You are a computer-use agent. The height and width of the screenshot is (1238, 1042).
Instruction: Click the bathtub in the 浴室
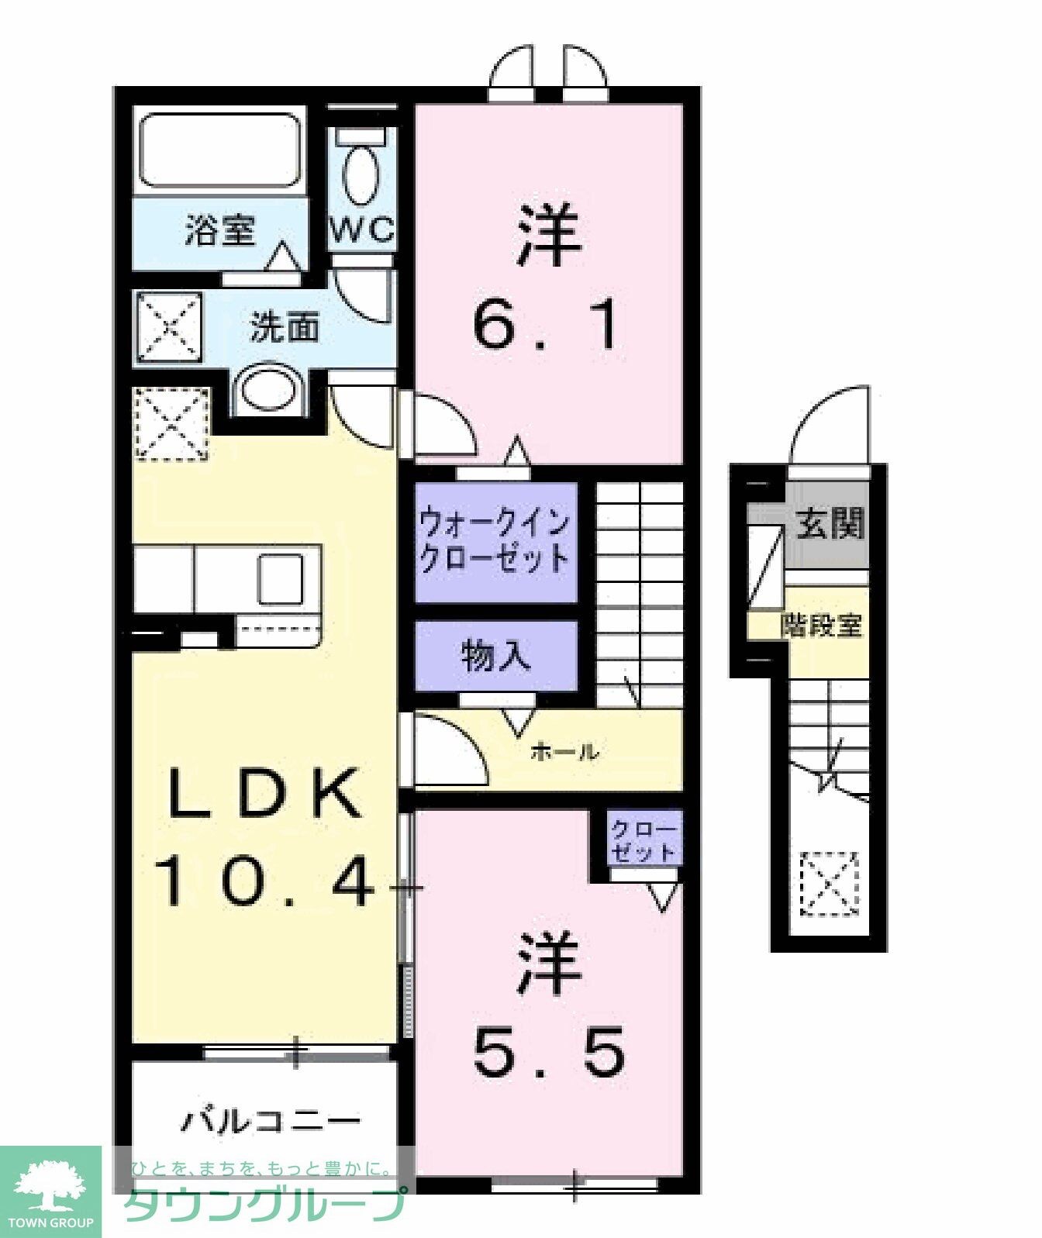point(219,150)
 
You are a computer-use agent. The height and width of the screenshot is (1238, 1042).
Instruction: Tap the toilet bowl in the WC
point(361,174)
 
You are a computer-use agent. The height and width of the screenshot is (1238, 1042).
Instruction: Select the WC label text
point(362,230)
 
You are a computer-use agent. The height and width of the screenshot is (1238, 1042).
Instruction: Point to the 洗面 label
point(284,328)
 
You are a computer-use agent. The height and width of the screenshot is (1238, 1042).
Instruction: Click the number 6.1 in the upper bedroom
point(547,325)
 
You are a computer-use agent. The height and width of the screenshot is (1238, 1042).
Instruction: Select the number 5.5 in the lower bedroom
point(548,1052)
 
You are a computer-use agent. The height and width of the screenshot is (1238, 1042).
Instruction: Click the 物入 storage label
point(495,657)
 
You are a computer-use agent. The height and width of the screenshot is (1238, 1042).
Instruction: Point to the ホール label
point(565,750)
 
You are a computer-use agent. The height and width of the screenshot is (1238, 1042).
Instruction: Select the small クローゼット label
point(643,840)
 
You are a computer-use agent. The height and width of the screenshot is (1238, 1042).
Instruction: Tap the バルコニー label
point(271,1121)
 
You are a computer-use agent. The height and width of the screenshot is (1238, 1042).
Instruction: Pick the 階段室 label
point(821,625)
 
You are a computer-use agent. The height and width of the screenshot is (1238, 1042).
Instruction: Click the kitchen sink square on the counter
point(280,579)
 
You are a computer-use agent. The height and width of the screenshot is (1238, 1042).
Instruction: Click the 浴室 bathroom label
point(220,230)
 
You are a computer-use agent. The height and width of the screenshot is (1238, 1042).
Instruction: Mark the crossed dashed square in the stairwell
point(830,884)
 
